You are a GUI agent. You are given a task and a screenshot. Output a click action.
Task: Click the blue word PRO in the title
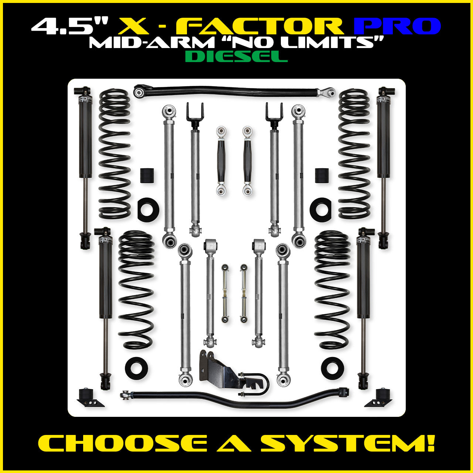coord(397,26)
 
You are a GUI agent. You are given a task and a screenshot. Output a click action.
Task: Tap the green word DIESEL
coord(236,56)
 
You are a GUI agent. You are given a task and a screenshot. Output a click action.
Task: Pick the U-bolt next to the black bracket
coord(255,384)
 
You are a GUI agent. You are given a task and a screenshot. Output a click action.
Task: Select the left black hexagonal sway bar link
coord(221,161)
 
